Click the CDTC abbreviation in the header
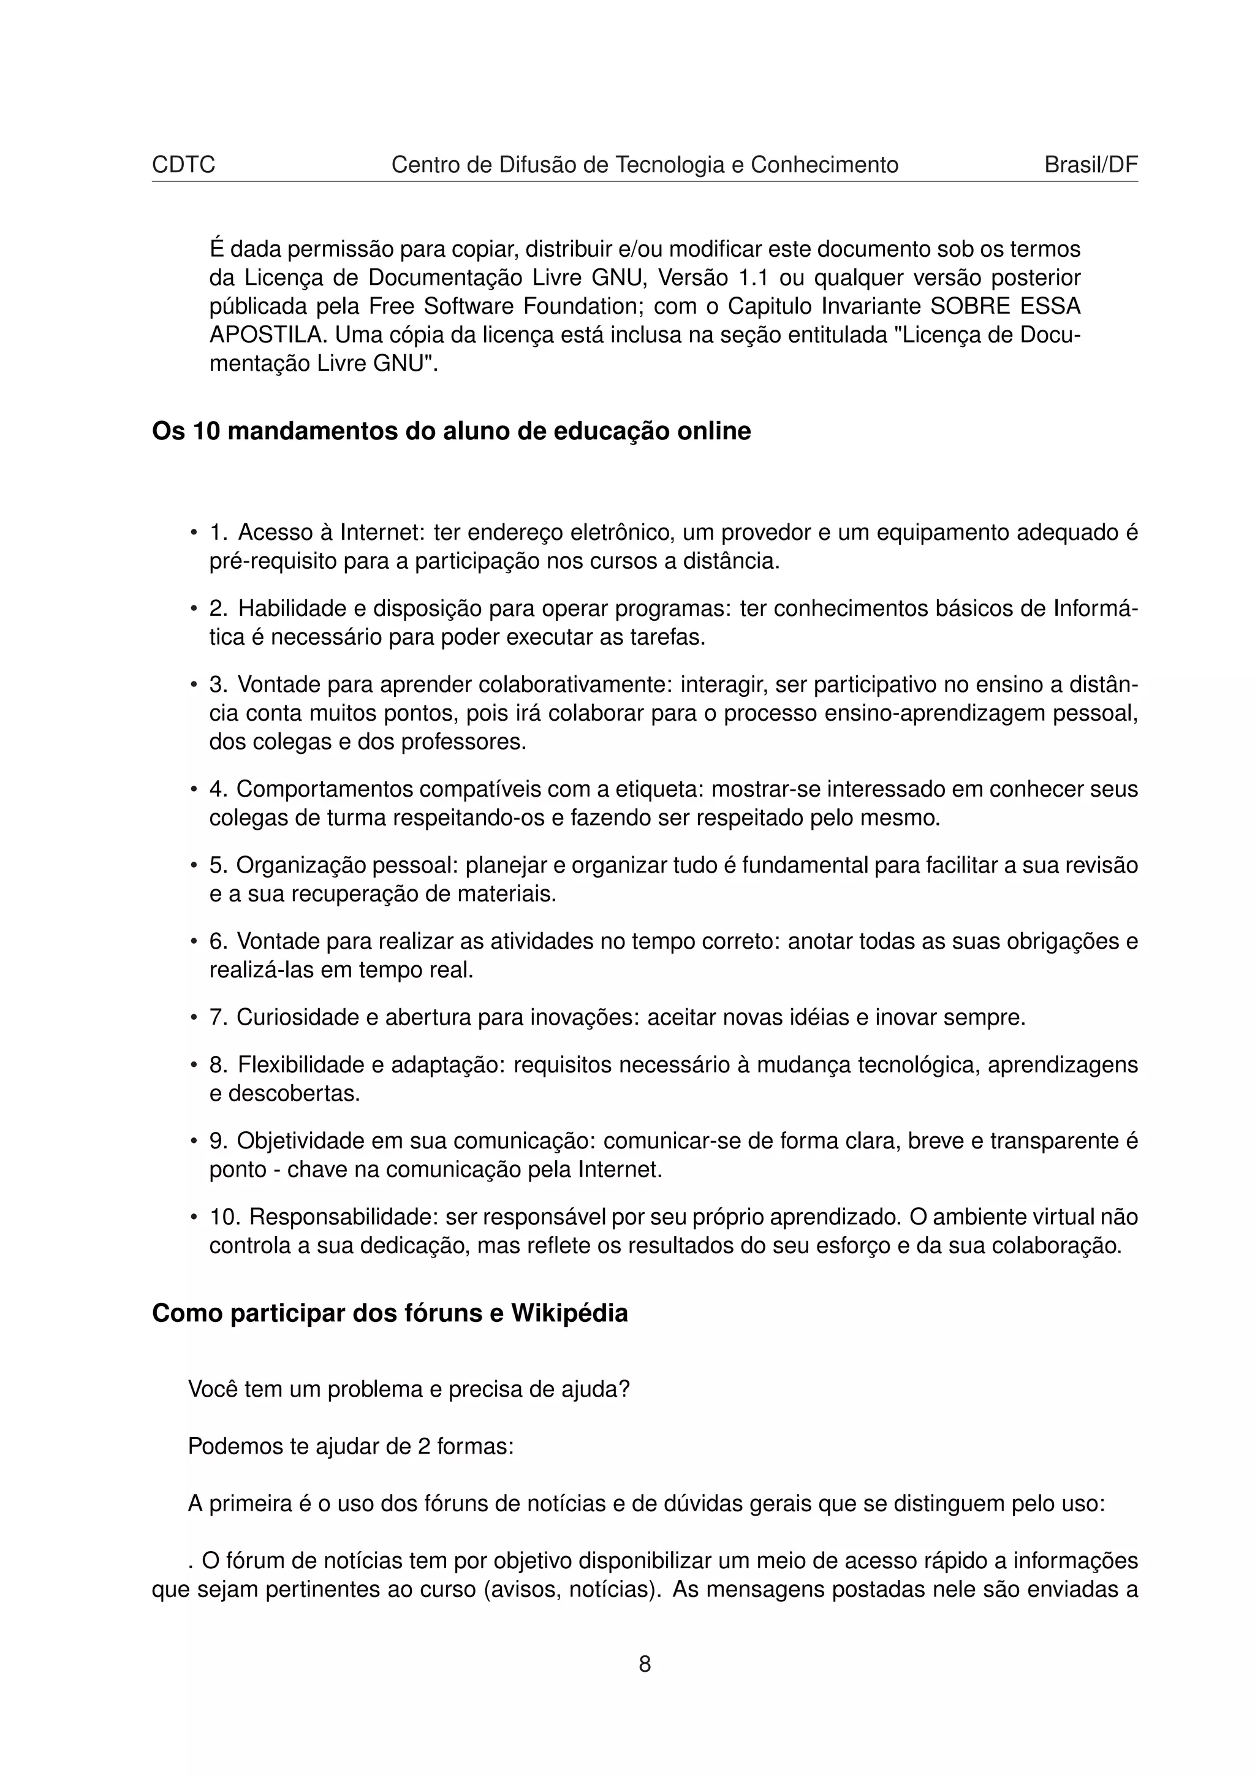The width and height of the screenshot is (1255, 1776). (183, 165)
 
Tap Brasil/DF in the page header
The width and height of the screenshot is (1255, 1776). (1090, 165)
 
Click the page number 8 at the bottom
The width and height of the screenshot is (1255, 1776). (645, 1664)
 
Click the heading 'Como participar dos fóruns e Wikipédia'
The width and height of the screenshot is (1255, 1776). (390, 1313)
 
